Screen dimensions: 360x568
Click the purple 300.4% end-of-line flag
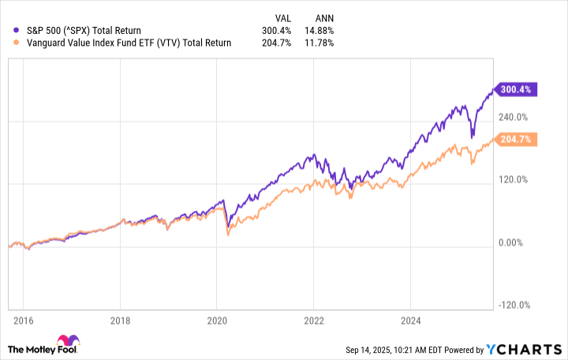pyautogui.click(x=515, y=90)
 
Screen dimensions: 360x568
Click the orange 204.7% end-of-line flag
pyautogui.click(x=515, y=140)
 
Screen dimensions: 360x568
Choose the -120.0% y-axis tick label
pyautogui.click(x=514, y=306)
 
